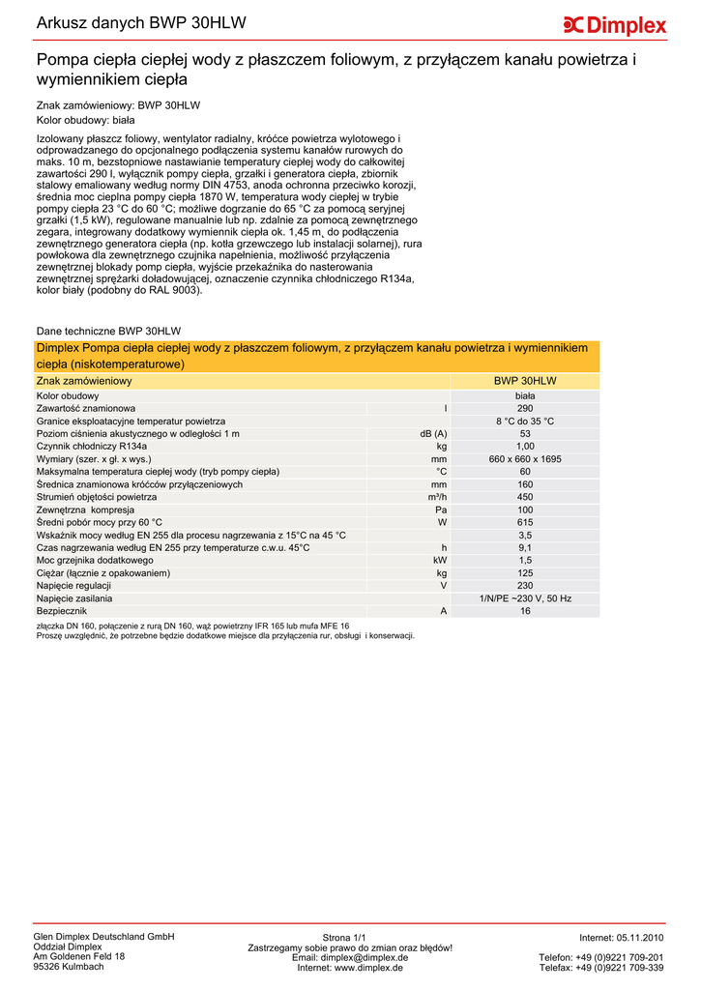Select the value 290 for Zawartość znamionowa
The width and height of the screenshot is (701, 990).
pos(525,409)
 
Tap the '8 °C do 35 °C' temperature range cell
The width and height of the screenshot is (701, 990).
pos(525,422)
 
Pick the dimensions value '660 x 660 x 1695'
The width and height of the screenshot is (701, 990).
pos(525,459)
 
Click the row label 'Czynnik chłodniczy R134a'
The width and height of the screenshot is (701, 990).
pos(92,447)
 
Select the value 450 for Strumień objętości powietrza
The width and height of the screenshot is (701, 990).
pos(525,497)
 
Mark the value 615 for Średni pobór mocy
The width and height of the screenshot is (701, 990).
pos(525,522)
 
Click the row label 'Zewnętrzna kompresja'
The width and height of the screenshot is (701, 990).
pos(85,510)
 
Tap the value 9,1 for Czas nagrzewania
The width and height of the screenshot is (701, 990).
pos(525,547)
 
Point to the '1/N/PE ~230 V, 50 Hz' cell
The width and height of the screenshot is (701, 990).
pos(525,598)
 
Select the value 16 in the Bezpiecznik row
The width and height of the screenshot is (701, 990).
pos(525,611)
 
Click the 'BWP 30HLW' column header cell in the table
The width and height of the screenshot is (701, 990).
pos(525,382)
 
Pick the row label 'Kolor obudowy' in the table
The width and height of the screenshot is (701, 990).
pos(68,396)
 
